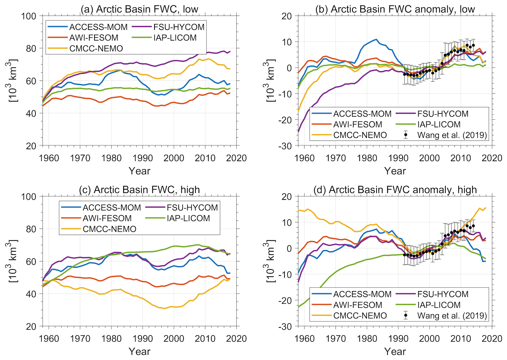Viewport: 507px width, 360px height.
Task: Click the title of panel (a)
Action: (x=139, y=9)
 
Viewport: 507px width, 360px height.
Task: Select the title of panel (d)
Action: (x=395, y=190)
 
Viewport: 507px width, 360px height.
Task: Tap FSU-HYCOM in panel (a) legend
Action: (x=179, y=27)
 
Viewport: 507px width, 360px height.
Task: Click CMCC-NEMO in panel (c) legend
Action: (x=109, y=229)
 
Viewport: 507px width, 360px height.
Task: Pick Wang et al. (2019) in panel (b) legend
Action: (x=452, y=135)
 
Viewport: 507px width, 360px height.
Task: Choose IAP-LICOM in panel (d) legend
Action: (x=439, y=305)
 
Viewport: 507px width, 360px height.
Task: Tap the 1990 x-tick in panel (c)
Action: (x=143, y=338)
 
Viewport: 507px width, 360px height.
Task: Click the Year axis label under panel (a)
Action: (x=139, y=171)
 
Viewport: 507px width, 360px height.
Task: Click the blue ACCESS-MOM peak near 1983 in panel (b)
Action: (x=376, y=39)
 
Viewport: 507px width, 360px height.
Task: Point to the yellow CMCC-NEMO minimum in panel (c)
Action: (x=164, y=308)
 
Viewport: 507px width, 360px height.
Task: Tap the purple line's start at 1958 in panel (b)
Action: (x=298, y=131)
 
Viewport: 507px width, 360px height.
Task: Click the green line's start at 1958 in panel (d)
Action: (x=298, y=307)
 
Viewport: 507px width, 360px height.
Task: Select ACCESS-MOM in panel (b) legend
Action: (x=362, y=114)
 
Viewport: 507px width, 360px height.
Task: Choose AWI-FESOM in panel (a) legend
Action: (x=94, y=38)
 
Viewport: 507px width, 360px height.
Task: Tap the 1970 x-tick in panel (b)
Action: (x=336, y=158)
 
